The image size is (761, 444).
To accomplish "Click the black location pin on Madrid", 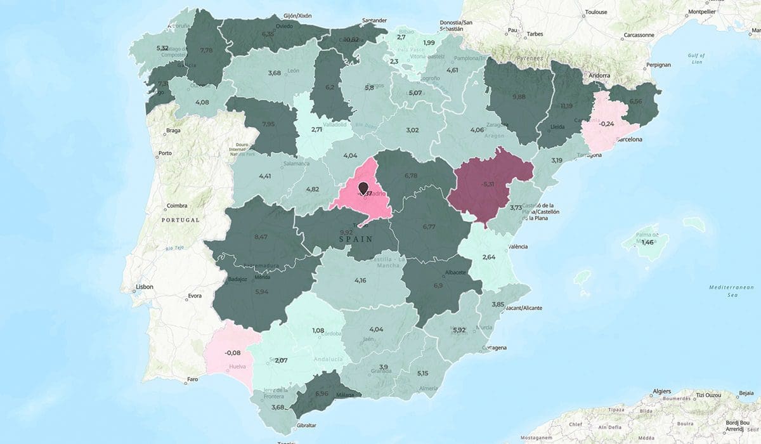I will (363, 188).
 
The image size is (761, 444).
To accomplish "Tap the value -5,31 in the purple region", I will (487, 184).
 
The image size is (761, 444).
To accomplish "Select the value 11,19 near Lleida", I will (566, 105).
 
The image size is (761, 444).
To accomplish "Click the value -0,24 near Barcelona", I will (607, 124).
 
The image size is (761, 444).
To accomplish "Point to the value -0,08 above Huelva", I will (232, 352).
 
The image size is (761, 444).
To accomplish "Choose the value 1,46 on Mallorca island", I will (647, 242).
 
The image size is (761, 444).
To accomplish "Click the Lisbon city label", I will (145, 287).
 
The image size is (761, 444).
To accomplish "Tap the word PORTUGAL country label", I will (180, 220).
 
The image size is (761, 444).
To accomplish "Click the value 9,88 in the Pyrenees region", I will (518, 96).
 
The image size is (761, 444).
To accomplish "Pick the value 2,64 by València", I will (488, 257).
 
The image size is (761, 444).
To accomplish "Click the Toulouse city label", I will (596, 12).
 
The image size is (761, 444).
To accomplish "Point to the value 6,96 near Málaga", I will (322, 393).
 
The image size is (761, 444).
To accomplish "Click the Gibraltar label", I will (306, 426).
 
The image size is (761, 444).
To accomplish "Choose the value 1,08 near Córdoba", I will (318, 330).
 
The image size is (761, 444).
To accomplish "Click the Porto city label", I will (165, 153).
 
